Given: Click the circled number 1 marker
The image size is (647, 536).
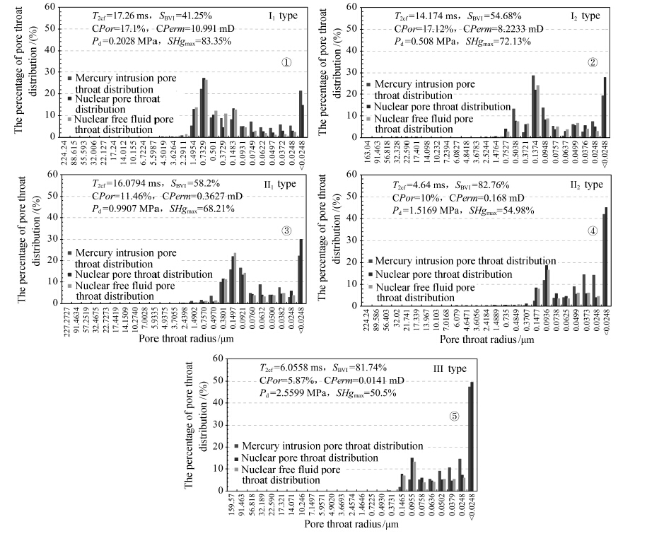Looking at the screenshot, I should click(286, 62).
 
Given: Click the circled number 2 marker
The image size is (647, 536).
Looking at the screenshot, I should click(593, 61).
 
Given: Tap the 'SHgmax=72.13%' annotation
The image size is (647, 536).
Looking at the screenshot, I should click(503, 40).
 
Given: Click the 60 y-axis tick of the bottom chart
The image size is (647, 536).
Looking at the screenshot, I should click(220, 359).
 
